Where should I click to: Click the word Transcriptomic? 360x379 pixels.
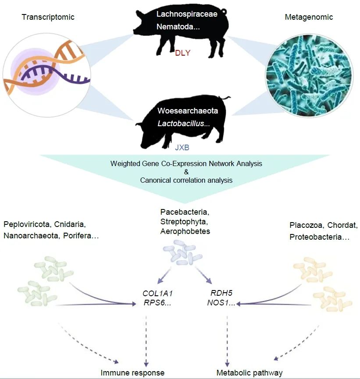[x=48, y=17]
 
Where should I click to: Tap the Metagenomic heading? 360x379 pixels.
[x=309, y=18]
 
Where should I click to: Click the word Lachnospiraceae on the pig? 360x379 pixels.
[x=181, y=14]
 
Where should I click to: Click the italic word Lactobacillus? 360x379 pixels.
[x=181, y=124]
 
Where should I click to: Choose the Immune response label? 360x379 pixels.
[x=132, y=373]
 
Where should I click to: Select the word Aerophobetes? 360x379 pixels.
[x=185, y=231]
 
